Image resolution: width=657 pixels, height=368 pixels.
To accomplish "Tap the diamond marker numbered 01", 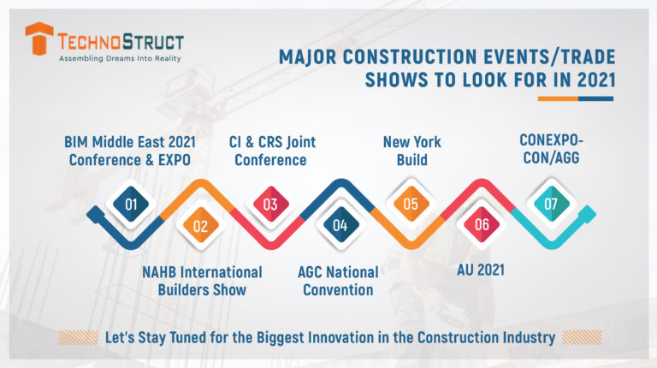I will (131, 205).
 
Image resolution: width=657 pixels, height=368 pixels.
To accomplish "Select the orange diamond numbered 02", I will (200, 226).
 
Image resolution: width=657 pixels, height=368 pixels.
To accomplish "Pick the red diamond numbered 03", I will (269, 205).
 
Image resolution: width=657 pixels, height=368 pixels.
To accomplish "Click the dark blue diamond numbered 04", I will (340, 226).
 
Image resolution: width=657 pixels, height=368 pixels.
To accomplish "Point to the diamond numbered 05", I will (411, 205).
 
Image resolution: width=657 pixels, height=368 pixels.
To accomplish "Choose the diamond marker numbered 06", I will (482, 226).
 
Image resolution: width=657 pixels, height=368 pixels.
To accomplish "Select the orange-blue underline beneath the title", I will (575, 98).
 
